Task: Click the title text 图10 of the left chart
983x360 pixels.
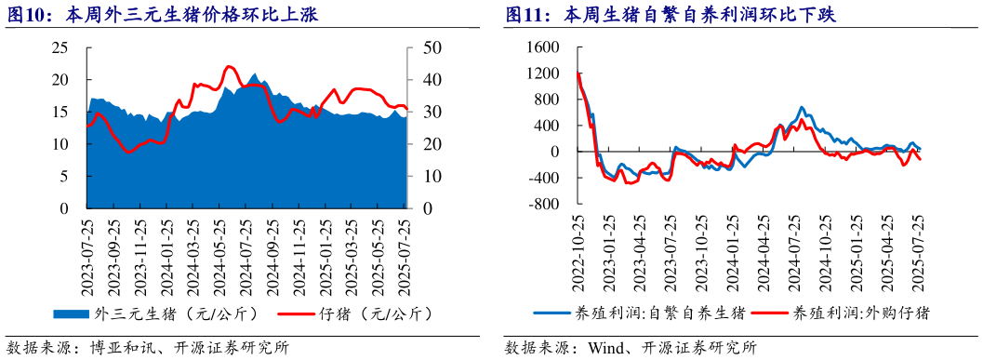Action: [x=30, y=15]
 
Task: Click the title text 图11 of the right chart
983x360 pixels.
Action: [x=526, y=15]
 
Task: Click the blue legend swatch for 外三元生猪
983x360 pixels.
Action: [x=72, y=313]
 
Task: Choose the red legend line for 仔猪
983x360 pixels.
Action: [x=297, y=313]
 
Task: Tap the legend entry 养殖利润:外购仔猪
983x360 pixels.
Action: [x=860, y=313]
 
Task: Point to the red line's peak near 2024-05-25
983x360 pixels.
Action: [x=229, y=67]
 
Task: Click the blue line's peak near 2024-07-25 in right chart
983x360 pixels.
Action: [x=802, y=108]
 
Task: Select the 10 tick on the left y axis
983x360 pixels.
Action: [x=60, y=144]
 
